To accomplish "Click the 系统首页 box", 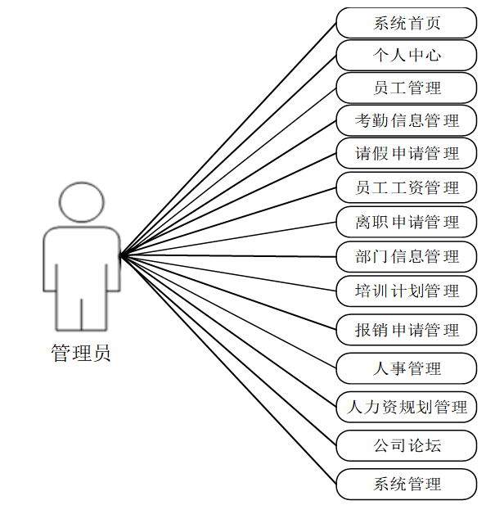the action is [407, 23].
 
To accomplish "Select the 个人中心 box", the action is [407, 56].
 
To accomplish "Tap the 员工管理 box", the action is [407, 88].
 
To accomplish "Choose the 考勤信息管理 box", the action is [407, 121].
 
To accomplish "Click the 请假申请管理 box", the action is [407, 154].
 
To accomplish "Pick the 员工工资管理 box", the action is [407, 187].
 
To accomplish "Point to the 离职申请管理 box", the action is [407, 222].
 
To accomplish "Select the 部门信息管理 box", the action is [407, 256].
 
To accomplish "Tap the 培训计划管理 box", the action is [407, 291].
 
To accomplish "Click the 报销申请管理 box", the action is [407, 330].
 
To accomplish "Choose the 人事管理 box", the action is [407, 368].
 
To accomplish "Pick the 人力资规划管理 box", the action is [407, 407].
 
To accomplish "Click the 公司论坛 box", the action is [407, 446].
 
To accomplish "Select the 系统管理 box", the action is [407, 484].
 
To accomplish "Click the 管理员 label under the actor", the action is [81, 354].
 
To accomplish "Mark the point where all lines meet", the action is [121, 255].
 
